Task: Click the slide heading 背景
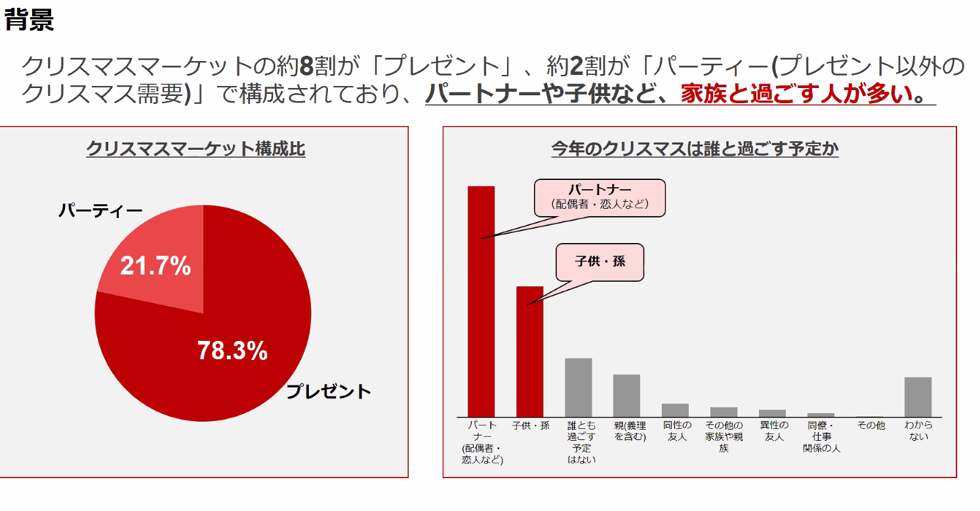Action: point(29,20)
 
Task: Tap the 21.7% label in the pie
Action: point(155,266)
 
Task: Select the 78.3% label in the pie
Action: point(232,351)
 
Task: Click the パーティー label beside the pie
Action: point(100,211)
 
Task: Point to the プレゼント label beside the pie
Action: point(328,391)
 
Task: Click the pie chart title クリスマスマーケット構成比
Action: point(195,149)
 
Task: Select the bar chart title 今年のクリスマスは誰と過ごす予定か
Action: point(695,149)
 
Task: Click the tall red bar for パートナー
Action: point(481,301)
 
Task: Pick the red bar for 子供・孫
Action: point(530,351)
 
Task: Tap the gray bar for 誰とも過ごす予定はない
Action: point(579,388)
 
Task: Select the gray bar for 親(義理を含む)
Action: point(626,396)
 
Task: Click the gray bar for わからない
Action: point(918,397)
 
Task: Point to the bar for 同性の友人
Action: point(675,411)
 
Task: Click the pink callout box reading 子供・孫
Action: point(600,262)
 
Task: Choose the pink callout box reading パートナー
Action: point(600,198)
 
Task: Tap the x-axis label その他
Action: point(870,425)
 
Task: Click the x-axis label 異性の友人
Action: point(774,431)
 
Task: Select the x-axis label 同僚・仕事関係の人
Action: point(822,437)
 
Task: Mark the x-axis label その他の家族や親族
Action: point(724,437)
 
